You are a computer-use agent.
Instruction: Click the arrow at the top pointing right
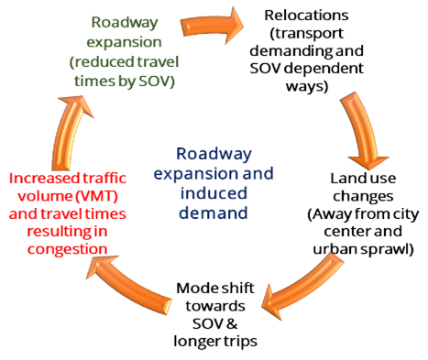tap(212, 24)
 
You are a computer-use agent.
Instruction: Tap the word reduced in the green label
tap(112, 60)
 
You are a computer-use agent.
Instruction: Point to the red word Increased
tap(42, 177)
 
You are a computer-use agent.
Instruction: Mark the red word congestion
tap(69, 248)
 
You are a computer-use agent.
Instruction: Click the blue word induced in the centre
tap(214, 191)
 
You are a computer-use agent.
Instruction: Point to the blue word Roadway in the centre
tap(213, 155)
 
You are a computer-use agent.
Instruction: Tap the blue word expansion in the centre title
tap(197, 173)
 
